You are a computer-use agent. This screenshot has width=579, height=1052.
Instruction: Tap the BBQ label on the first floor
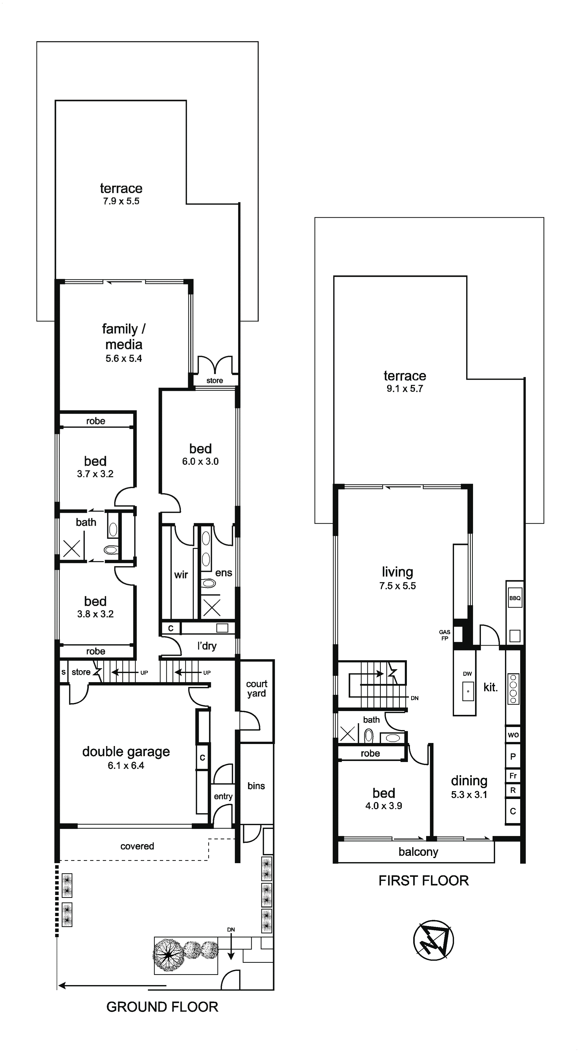[x=515, y=598]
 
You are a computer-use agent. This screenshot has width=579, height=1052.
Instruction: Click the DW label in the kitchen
[x=467, y=674]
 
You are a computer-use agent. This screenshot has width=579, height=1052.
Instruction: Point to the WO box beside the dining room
[x=513, y=735]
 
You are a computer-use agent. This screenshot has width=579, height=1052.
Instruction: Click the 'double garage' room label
[x=126, y=752]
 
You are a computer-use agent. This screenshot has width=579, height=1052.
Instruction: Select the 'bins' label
[x=256, y=786]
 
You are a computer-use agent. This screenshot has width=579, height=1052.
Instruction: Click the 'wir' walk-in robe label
[x=181, y=575]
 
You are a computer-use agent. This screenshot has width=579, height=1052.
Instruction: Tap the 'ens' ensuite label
[x=224, y=573]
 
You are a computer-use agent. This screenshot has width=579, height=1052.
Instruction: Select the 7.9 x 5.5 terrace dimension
[x=121, y=201]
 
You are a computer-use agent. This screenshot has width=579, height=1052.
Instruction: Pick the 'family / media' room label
[x=124, y=336]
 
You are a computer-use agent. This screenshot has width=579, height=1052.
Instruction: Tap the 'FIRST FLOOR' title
[x=423, y=880]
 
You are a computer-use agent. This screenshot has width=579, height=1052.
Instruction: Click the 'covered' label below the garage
[x=137, y=846]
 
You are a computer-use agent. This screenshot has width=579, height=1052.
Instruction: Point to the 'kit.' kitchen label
[x=490, y=687]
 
